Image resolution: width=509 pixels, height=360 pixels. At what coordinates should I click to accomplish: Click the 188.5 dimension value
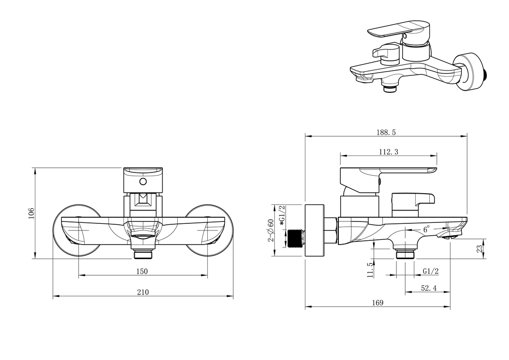(x=386, y=132)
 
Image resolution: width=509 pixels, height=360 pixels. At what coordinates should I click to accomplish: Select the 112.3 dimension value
(x=388, y=152)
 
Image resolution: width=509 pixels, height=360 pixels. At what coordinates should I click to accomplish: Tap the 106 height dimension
(x=31, y=213)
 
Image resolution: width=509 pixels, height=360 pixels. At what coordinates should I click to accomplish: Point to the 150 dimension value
(x=142, y=271)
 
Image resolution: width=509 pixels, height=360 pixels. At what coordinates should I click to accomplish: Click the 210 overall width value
(x=142, y=292)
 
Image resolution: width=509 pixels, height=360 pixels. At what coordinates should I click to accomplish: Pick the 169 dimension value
(x=378, y=303)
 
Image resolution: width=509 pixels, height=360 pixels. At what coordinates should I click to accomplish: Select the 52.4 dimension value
(x=428, y=288)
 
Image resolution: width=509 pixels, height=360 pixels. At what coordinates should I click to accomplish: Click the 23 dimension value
(x=480, y=249)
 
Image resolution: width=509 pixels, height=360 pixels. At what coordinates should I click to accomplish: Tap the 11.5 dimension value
(x=370, y=270)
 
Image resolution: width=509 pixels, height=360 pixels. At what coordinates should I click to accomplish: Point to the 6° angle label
(x=426, y=229)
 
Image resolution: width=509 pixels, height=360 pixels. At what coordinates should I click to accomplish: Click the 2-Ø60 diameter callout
(x=271, y=230)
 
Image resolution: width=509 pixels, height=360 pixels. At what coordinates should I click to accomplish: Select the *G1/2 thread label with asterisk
(x=282, y=215)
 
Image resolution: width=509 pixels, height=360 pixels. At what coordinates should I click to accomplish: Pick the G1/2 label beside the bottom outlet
(x=431, y=271)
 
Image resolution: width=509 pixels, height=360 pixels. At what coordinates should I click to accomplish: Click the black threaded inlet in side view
(x=295, y=238)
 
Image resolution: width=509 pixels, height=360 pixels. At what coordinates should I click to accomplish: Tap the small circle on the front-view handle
(x=142, y=181)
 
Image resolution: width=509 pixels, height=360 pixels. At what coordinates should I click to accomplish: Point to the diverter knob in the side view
(x=412, y=205)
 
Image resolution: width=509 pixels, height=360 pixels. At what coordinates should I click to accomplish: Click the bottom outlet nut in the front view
(x=143, y=254)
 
